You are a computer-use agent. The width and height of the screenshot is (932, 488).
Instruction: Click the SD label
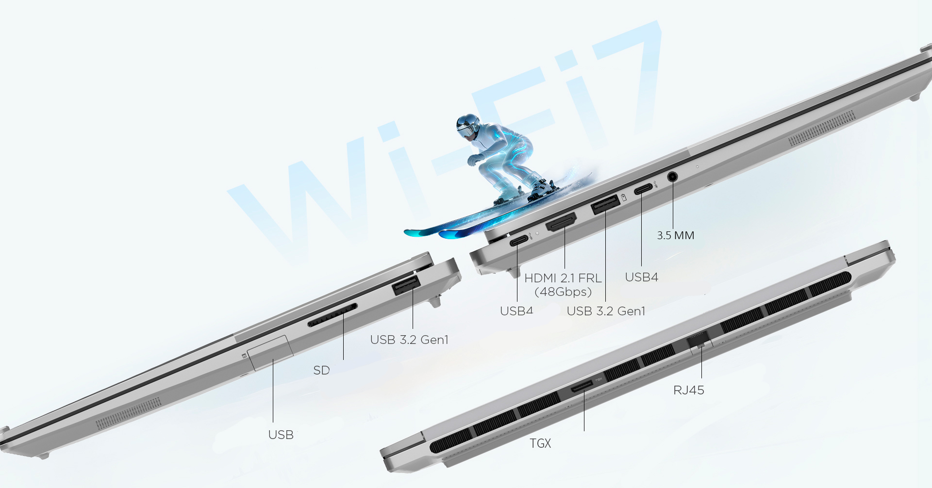[321, 371]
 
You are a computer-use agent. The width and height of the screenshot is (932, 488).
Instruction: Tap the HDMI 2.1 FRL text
[563, 278]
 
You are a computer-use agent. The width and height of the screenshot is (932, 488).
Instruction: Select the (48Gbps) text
[563, 292]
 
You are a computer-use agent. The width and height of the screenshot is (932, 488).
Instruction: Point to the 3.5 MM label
[676, 236]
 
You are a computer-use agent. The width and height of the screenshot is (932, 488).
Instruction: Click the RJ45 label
[689, 390]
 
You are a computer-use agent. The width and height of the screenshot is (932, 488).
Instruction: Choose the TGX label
[540, 443]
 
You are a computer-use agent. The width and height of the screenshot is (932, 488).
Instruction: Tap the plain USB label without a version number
[281, 435]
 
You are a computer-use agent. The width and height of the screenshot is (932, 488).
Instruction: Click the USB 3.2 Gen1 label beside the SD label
[409, 340]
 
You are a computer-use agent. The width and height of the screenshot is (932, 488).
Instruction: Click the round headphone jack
[672, 177]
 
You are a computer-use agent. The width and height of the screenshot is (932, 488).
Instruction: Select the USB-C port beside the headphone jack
[643, 189]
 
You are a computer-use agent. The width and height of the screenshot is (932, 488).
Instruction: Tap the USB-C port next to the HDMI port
[518, 241]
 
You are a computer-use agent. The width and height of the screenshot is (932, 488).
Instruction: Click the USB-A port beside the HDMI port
[605, 204]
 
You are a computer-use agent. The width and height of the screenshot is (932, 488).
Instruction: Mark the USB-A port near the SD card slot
[406, 286]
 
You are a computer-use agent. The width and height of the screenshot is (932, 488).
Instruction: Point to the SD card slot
[333, 315]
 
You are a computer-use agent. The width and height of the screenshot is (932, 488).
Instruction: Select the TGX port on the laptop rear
[582, 387]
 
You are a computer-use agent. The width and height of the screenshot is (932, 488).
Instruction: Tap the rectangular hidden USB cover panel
[270, 353]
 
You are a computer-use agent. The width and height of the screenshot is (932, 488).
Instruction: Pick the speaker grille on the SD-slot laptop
[128, 414]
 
